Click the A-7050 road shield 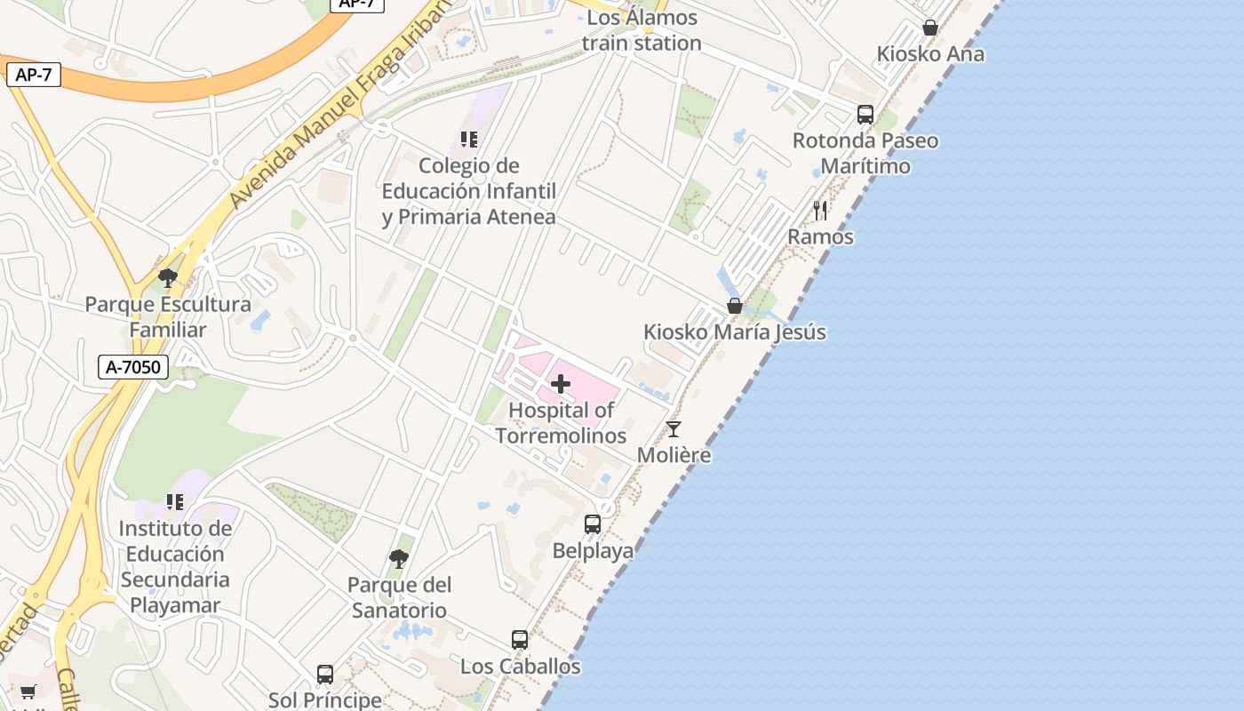(133, 366)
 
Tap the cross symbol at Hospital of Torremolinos (561, 384)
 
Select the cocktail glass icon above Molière (674, 429)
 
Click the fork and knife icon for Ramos (820, 211)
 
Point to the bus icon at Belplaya (593, 524)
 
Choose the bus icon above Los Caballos (520, 639)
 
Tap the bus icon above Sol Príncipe (325, 674)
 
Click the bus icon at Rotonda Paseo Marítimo (865, 115)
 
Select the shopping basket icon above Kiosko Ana (930, 28)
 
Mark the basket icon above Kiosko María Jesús (735, 306)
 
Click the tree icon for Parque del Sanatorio (399, 558)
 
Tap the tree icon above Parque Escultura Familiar (167, 278)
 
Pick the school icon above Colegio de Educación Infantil (469, 140)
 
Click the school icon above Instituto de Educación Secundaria (175, 502)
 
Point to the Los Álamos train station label (642, 30)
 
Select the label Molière (674, 455)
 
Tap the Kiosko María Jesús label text (735, 332)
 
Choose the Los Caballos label (521, 666)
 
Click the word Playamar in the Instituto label (175, 605)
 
